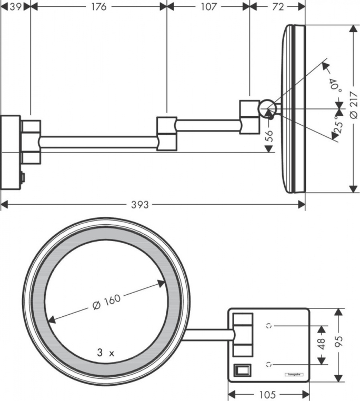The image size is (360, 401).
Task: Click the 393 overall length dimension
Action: tap(142, 204)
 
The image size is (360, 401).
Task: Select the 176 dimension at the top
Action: tap(99, 7)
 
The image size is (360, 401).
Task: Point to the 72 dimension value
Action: tap(278, 7)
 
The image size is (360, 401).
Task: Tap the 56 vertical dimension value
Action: tap(269, 136)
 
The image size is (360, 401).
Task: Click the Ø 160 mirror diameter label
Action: tap(106, 302)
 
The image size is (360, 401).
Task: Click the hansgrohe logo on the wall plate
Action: tap(293, 374)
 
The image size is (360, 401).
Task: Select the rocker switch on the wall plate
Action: tap(242, 370)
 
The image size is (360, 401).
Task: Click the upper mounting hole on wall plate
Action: tap(270, 326)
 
